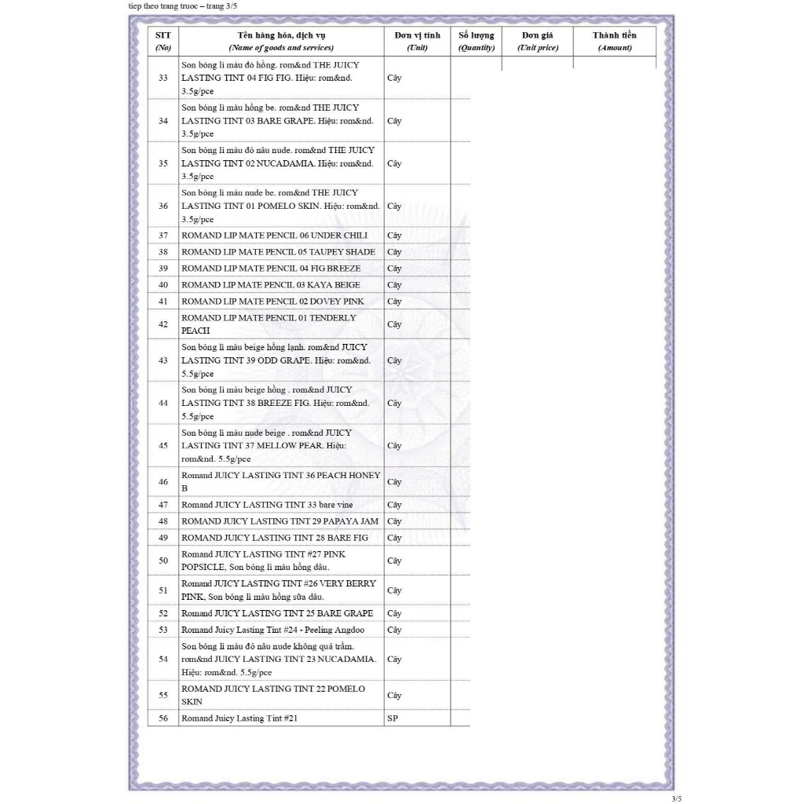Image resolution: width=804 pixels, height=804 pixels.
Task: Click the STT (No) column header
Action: click(163, 41)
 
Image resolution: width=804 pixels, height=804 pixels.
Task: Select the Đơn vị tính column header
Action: click(417, 41)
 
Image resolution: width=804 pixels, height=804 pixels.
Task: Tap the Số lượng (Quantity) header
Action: click(477, 41)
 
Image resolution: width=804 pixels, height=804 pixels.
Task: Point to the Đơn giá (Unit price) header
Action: click(538, 41)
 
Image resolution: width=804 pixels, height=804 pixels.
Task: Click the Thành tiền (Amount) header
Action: click(614, 41)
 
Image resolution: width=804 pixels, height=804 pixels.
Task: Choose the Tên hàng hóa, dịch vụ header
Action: click(281, 41)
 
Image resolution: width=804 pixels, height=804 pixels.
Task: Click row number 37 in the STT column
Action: click(163, 236)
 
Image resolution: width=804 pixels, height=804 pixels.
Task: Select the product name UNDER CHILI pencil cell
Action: click(274, 236)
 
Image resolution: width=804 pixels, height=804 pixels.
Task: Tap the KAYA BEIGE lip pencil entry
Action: click(271, 285)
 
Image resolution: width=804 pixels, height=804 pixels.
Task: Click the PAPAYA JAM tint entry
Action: click(280, 521)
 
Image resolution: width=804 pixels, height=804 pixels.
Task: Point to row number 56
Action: click(163, 718)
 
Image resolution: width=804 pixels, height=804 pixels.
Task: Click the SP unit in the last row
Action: click(393, 718)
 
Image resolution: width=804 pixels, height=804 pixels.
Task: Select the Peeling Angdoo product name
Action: click(272, 630)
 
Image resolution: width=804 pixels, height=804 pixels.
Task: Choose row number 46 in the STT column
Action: click(163, 482)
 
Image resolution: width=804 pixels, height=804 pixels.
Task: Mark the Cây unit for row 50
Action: click(394, 561)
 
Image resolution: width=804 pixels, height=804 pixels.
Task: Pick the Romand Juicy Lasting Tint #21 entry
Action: click(239, 718)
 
